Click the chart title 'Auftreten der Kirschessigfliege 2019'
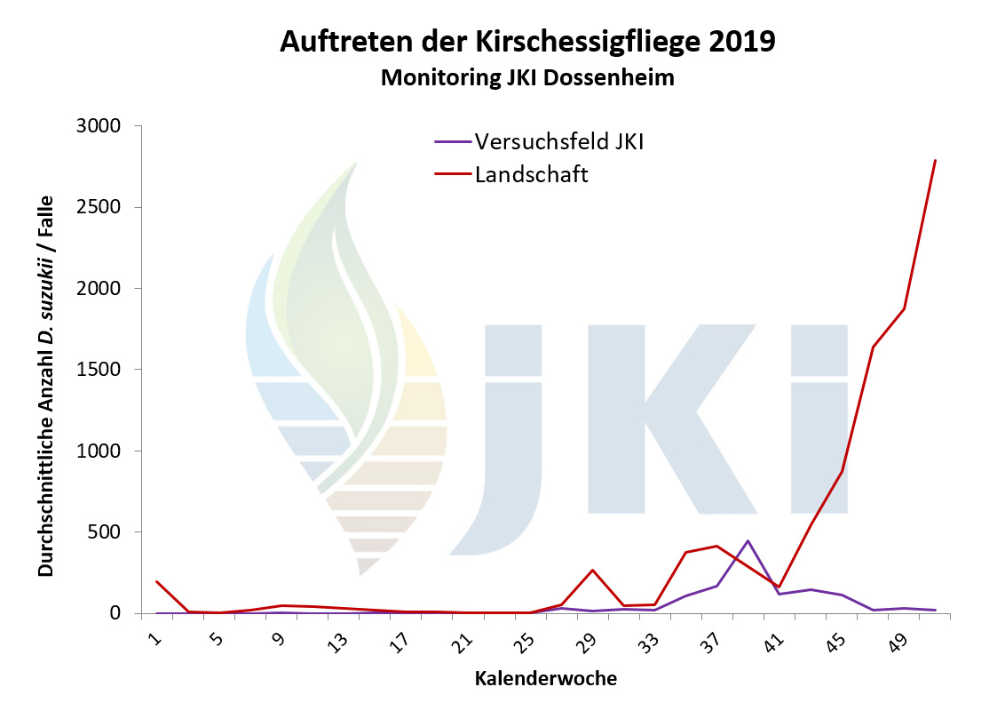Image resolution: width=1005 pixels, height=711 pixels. (527, 42)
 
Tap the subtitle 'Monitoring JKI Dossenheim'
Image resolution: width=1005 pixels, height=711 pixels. (527, 78)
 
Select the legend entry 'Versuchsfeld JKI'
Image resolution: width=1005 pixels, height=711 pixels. (558, 141)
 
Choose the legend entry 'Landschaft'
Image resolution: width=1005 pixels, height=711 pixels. (531, 174)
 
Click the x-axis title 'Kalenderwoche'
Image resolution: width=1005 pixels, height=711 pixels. (545, 679)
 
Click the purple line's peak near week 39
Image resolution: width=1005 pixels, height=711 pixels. (748, 540)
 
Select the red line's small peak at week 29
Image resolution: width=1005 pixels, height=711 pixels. (592, 570)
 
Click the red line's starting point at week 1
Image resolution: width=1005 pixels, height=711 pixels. (157, 581)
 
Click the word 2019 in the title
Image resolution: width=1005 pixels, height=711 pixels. (738, 42)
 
